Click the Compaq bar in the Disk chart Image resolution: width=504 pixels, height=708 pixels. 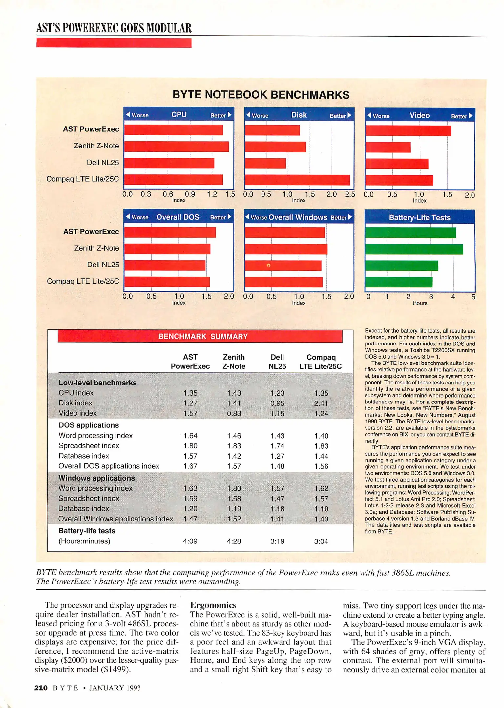(x=297, y=180)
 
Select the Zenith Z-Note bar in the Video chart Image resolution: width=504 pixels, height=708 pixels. (x=388, y=147)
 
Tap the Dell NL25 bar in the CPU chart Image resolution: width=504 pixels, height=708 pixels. (x=169, y=163)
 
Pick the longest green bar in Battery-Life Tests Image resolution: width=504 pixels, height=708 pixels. (x=414, y=249)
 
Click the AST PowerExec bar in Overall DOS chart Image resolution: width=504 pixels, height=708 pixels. (x=170, y=232)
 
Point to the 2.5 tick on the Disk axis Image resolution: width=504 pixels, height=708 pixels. (x=350, y=194)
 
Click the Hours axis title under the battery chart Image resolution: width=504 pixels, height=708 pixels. (x=420, y=303)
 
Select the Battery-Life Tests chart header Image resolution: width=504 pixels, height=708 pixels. (x=420, y=217)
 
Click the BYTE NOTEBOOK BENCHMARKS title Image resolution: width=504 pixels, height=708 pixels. (x=261, y=95)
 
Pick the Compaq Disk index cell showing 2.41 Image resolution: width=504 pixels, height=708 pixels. (x=321, y=403)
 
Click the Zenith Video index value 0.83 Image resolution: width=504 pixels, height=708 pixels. (x=234, y=413)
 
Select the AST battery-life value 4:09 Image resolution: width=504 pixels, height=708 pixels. (x=190, y=541)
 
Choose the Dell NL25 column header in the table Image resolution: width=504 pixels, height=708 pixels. (x=277, y=362)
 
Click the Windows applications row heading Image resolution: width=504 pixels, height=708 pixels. (x=96, y=478)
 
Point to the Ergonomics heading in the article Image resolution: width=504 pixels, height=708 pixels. (x=213, y=605)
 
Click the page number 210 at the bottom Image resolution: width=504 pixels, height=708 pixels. (x=41, y=688)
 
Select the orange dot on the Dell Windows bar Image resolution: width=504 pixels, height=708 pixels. (x=268, y=265)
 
